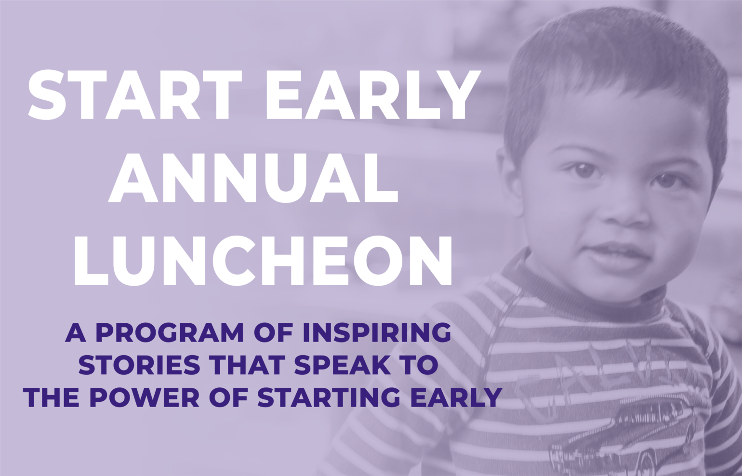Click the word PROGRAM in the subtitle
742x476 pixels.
[x=169, y=332]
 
